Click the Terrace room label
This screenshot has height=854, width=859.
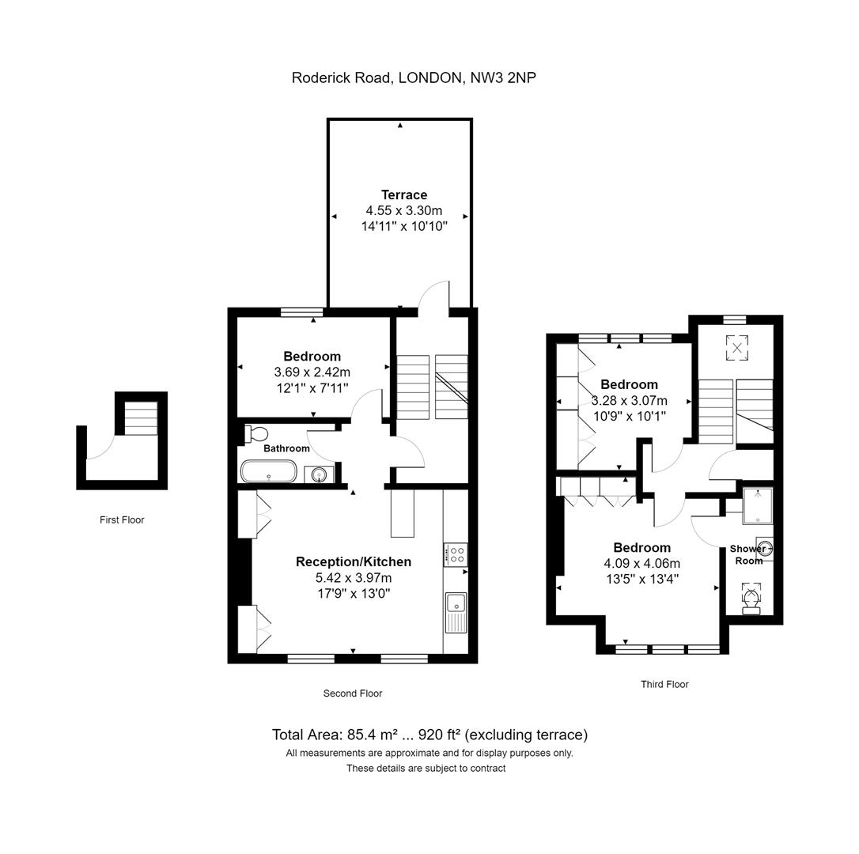404,195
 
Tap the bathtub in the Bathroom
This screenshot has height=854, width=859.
268,471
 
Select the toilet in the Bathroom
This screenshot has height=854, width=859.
255,434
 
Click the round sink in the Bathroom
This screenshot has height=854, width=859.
319,474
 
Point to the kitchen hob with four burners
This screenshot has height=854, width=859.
456,554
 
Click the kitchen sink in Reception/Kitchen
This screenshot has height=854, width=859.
456,612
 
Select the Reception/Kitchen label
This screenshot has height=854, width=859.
354,561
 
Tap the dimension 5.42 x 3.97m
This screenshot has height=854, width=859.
354,577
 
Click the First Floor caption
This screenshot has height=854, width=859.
122,520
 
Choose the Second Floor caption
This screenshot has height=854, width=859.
352,693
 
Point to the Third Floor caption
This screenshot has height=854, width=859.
664,684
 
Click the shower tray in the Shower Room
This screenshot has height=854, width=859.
758,505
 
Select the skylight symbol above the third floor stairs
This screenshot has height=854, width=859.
737,347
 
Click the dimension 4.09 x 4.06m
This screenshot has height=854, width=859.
642,563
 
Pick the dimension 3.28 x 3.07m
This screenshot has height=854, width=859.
630,400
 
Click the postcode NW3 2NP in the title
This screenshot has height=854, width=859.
503,77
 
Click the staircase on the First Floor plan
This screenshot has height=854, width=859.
141,418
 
